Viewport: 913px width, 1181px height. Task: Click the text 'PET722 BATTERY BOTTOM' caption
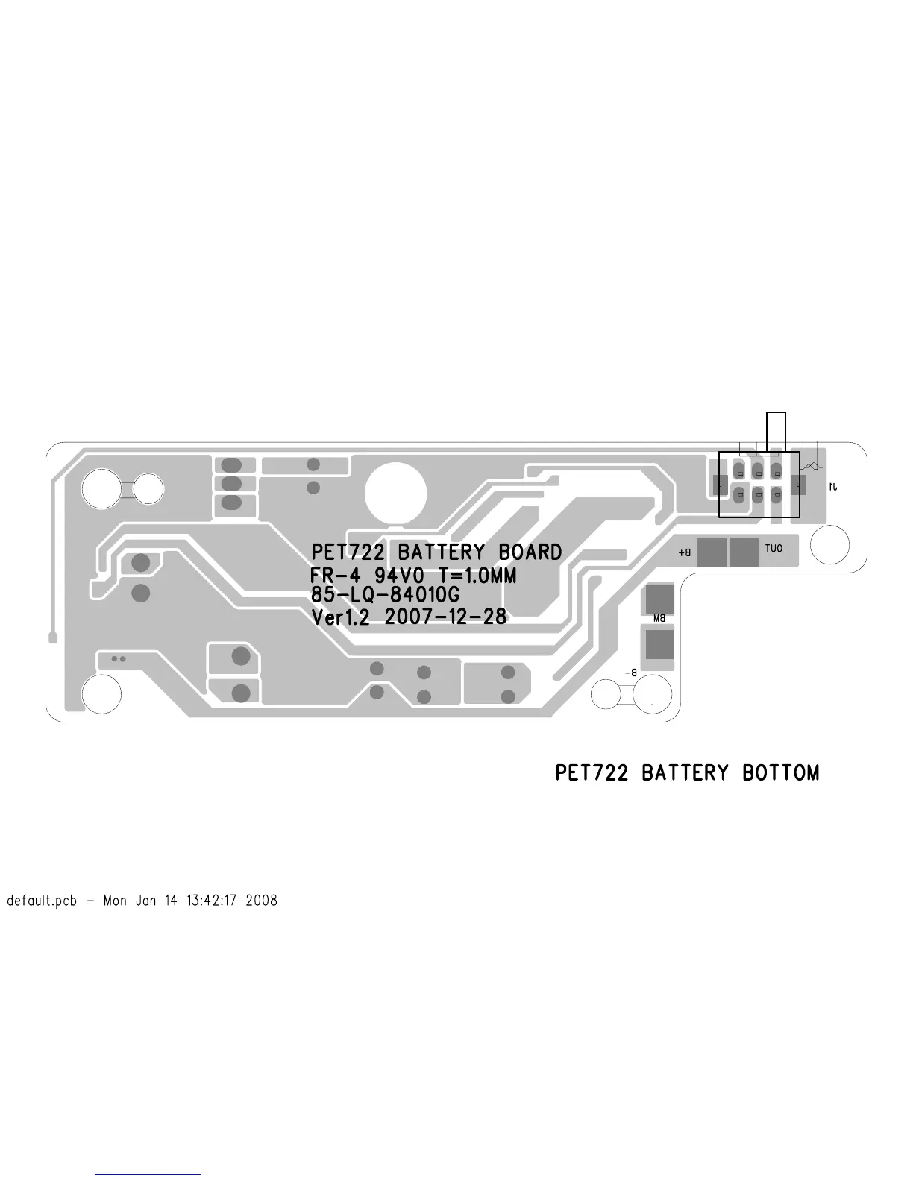pos(686,773)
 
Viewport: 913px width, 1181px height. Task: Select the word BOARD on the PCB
pos(530,552)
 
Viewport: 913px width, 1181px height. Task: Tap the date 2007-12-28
pos(445,617)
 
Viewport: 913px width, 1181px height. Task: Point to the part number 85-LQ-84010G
pos(385,596)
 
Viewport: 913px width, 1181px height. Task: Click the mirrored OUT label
pos(774,549)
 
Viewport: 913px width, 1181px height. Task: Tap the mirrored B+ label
pos(685,553)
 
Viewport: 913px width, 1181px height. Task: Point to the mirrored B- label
pos(630,673)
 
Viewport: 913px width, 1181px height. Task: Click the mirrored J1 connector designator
pos(833,486)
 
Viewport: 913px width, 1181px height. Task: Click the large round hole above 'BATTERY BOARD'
pos(395,494)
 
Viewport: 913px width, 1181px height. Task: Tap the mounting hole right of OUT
pos(829,546)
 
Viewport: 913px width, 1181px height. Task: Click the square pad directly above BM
pos(659,598)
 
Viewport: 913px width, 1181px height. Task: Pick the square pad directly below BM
pos(659,644)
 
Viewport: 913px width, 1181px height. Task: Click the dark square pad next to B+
pos(712,552)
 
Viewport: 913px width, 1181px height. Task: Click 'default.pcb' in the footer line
pos(42,901)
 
